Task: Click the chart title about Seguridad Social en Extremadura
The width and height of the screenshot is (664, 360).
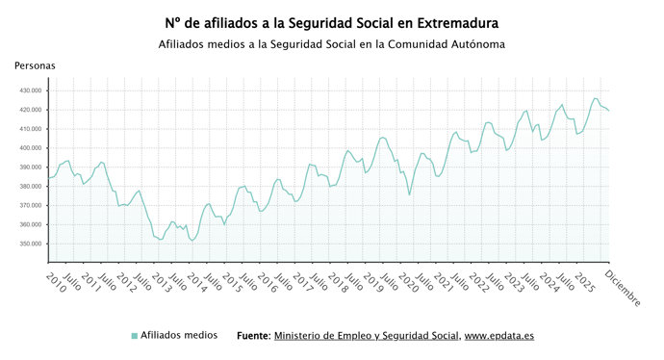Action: click(332, 22)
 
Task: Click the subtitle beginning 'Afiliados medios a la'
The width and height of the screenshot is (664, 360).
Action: click(332, 44)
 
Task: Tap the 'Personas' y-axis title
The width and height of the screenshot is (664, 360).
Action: click(35, 65)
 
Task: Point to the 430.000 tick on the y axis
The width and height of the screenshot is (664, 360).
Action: click(31, 90)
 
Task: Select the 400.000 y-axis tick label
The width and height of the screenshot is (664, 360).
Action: click(31, 148)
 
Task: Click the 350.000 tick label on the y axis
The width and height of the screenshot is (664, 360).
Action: click(31, 244)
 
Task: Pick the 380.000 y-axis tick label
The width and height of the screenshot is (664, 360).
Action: click(31, 187)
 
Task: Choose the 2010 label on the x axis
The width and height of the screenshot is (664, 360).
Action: click(56, 283)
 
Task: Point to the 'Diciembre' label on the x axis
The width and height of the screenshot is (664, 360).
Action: click(622, 288)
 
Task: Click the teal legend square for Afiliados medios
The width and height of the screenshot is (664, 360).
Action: click(135, 335)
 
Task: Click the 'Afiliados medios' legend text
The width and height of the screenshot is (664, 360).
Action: click(179, 335)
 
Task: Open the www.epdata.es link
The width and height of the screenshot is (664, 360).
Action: click(500, 336)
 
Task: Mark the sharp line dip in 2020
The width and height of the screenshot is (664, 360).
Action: click(409, 194)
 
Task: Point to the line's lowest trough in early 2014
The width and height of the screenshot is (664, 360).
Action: click(192, 241)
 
